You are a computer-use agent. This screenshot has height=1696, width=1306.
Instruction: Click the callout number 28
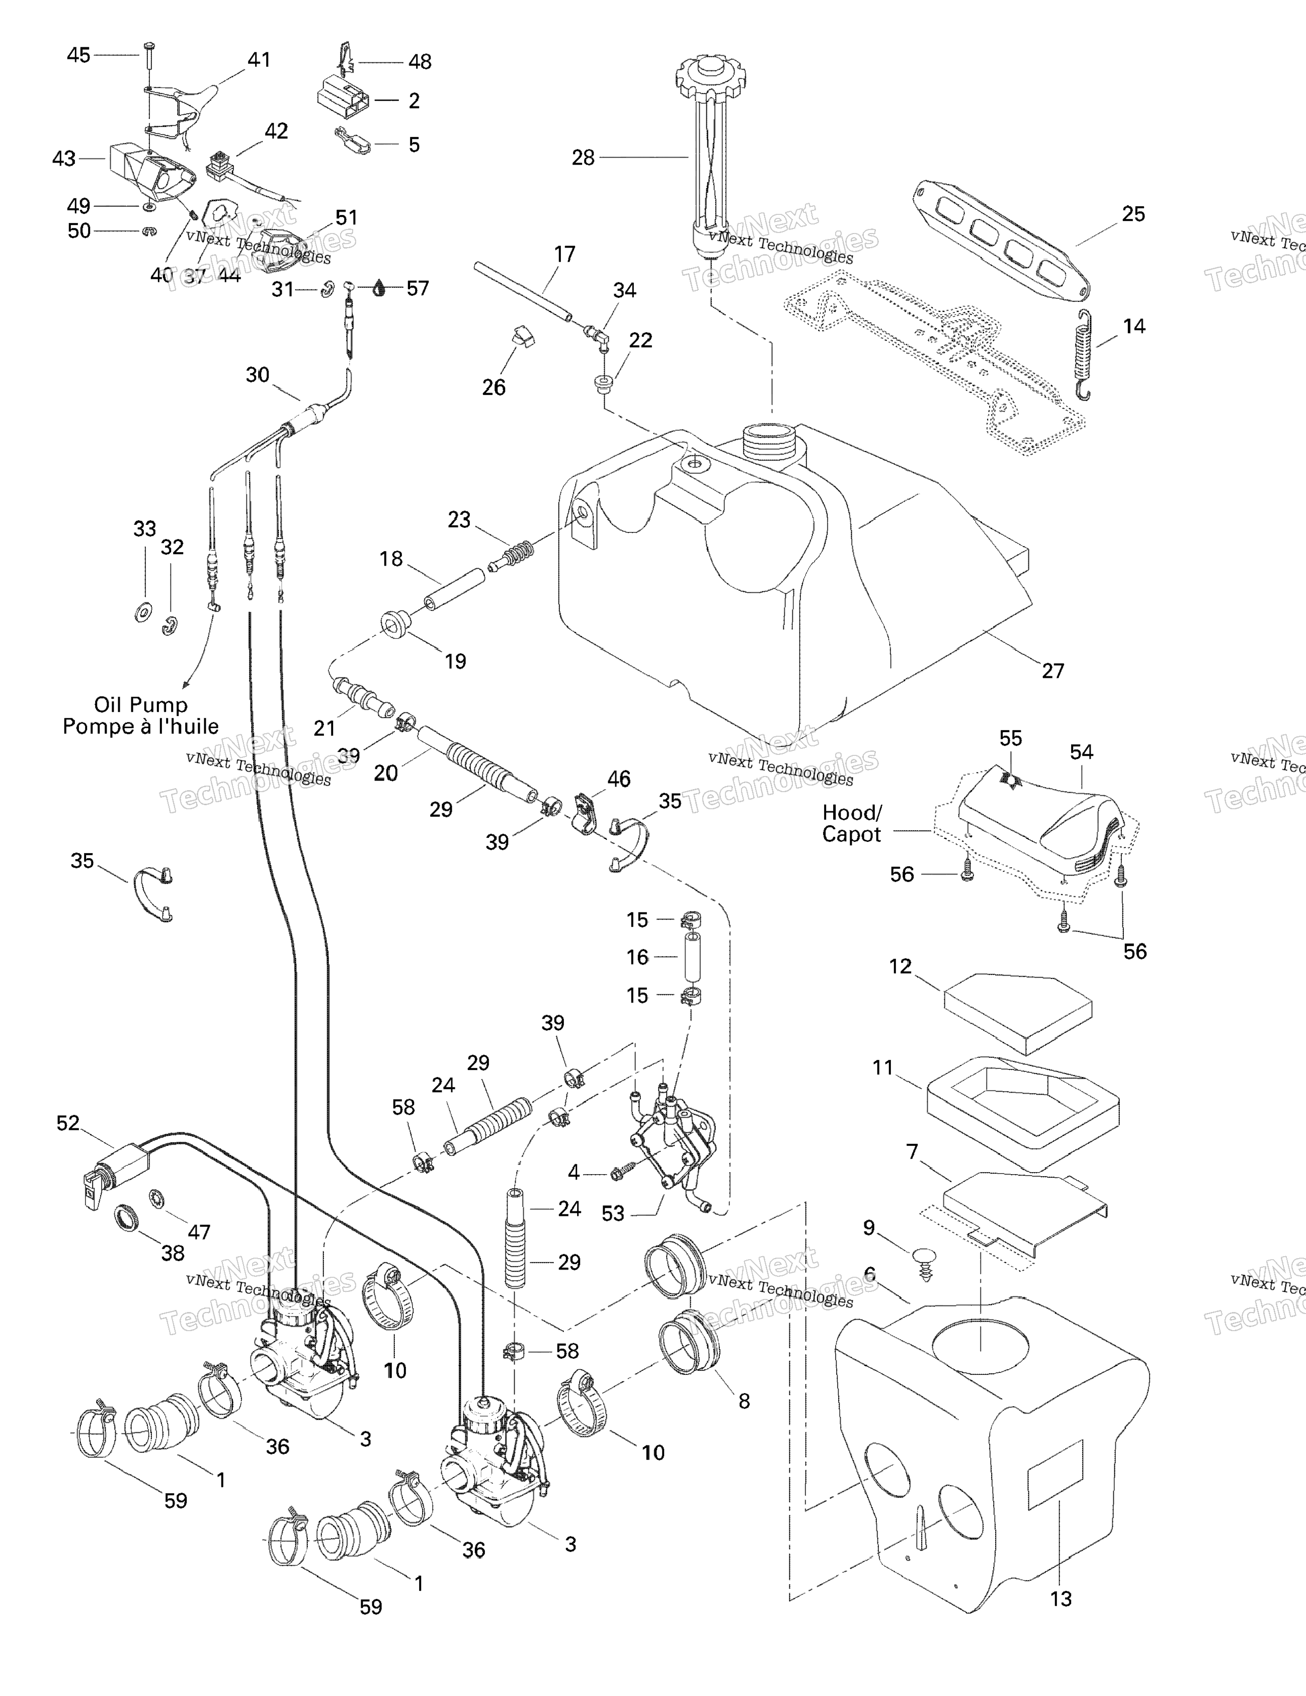[583, 158]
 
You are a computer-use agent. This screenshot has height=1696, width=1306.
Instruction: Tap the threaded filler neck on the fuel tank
[770, 441]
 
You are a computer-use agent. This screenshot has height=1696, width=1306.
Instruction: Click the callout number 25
[1133, 214]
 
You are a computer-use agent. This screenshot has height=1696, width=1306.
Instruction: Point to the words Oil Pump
[140, 705]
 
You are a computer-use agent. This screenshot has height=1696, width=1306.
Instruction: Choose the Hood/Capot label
[851, 823]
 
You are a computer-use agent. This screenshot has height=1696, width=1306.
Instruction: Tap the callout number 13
[1060, 1598]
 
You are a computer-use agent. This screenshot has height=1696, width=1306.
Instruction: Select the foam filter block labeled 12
[1017, 1014]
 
